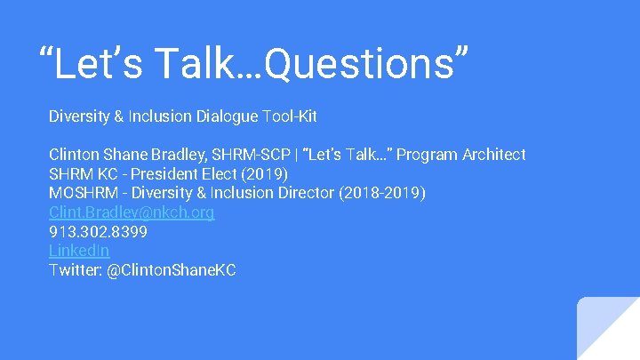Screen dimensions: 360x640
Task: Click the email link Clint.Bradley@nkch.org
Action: pyautogui.click(x=132, y=212)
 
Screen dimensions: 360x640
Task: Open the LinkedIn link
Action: pyautogui.click(x=79, y=251)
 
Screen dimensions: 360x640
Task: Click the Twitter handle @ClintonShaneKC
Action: pyautogui.click(x=172, y=270)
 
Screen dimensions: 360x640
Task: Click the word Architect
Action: pyautogui.click(x=493, y=155)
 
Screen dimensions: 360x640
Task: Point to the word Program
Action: pyautogui.click(x=426, y=155)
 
